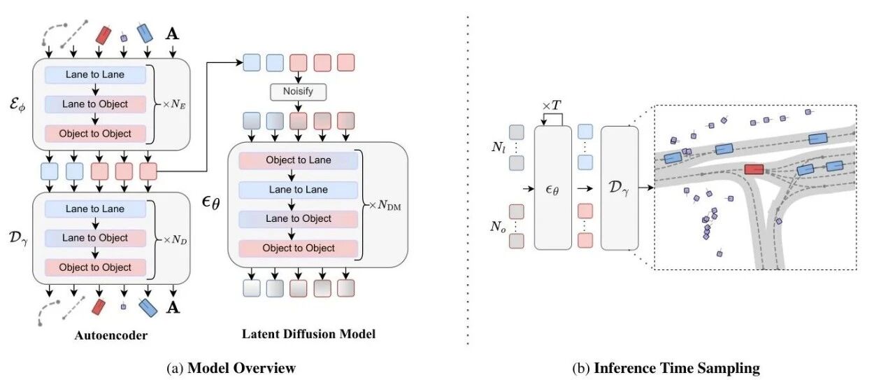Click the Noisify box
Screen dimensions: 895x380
click(x=298, y=92)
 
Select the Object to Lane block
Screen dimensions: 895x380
click(x=298, y=160)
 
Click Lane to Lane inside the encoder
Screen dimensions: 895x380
click(x=95, y=75)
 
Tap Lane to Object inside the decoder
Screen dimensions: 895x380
click(x=95, y=238)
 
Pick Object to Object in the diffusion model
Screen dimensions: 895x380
click(x=298, y=248)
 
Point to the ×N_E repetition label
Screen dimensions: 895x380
click(x=174, y=105)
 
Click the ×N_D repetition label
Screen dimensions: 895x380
click(x=175, y=240)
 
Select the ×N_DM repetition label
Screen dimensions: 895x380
click(x=385, y=206)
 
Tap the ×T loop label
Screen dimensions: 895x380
click(x=552, y=106)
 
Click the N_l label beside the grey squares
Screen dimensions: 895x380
click(x=499, y=147)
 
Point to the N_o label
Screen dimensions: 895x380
click(x=499, y=227)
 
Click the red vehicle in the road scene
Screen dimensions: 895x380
click(x=754, y=169)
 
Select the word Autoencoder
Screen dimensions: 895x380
click(x=111, y=335)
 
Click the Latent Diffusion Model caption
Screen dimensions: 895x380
click(x=308, y=334)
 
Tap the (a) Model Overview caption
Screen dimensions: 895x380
click(x=231, y=368)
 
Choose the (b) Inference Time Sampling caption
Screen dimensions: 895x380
click(x=666, y=368)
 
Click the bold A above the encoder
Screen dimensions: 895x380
click(x=172, y=34)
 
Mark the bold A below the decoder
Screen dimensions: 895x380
click(x=173, y=307)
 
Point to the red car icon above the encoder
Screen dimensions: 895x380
click(x=103, y=35)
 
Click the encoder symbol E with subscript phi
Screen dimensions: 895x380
click(x=17, y=105)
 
